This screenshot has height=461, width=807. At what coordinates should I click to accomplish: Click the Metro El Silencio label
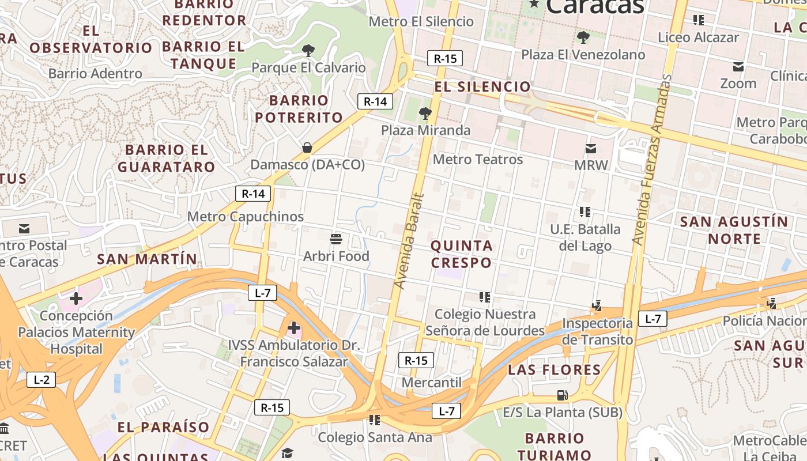click(x=421, y=22)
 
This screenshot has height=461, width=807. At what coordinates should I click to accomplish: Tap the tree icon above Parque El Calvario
click(x=308, y=51)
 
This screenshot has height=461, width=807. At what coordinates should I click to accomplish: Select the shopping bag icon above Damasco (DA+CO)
click(x=307, y=148)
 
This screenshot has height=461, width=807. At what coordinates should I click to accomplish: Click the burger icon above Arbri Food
click(x=336, y=239)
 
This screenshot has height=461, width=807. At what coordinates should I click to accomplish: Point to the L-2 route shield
click(x=42, y=380)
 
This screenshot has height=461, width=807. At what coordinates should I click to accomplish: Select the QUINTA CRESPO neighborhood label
click(x=462, y=254)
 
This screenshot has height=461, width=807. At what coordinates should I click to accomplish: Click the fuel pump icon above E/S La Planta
click(x=562, y=395)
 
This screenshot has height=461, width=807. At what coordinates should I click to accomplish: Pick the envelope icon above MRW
click(x=591, y=149)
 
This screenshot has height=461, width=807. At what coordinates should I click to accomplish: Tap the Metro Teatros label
click(x=477, y=159)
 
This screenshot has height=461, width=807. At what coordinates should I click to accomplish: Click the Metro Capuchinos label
click(x=246, y=217)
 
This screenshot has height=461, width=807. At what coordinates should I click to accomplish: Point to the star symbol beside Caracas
click(x=534, y=4)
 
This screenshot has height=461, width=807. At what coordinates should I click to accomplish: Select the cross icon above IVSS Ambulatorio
click(x=294, y=328)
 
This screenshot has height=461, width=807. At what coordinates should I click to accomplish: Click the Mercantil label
click(x=432, y=383)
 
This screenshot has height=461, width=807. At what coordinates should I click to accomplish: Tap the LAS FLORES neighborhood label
click(x=554, y=370)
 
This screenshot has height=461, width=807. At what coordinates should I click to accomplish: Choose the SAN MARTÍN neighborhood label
click(x=147, y=259)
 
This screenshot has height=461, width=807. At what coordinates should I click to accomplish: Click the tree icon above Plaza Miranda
click(x=425, y=113)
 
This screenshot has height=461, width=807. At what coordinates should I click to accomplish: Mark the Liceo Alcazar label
click(x=698, y=37)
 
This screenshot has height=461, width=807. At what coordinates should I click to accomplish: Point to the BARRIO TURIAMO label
click(x=554, y=446)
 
